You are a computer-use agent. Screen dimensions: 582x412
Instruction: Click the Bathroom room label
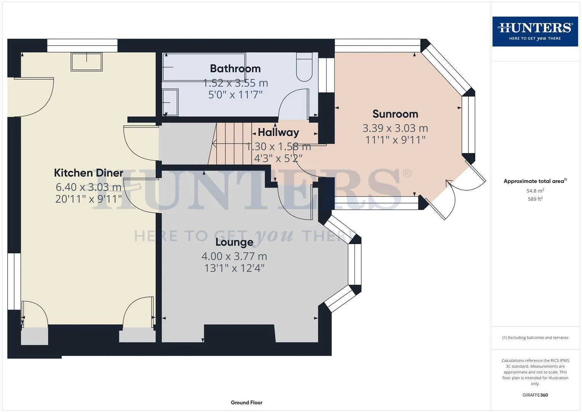(235, 69)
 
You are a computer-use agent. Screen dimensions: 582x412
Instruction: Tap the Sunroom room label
(395, 114)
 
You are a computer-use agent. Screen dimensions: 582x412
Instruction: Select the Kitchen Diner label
(88, 173)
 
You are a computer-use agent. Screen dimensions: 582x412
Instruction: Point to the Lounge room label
(234, 242)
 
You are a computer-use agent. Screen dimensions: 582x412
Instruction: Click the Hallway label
(278, 132)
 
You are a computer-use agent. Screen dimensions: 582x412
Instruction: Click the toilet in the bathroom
(304, 67)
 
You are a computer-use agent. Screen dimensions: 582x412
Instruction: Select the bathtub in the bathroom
(204, 67)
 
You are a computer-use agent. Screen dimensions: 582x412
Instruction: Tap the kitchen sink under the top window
(87, 62)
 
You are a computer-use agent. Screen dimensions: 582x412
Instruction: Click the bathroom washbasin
(170, 103)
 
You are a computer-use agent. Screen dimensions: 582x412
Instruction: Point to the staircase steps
(230, 143)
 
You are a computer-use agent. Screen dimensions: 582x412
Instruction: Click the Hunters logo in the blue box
(535, 31)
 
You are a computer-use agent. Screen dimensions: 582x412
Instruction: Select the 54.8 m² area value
(535, 191)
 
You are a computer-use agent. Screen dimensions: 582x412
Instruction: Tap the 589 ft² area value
(535, 199)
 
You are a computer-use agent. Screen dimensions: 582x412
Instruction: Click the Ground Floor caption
(247, 402)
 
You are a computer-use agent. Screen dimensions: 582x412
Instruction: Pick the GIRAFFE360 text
(535, 395)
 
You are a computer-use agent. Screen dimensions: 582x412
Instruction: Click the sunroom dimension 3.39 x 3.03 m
(395, 128)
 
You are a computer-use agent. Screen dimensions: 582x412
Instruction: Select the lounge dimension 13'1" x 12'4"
(234, 268)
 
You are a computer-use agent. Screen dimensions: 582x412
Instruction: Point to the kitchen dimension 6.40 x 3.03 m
(88, 187)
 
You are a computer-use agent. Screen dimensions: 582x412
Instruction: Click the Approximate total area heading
(535, 181)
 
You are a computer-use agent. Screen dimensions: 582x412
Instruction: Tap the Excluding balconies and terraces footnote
(535, 338)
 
